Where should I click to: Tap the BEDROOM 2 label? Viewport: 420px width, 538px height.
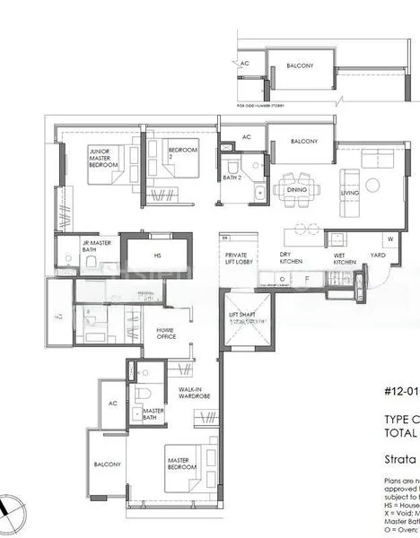[x=184, y=153]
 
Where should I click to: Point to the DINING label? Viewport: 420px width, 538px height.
[x=296, y=189]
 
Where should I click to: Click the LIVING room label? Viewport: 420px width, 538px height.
[x=350, y=192]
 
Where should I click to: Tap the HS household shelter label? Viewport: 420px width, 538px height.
[x=157, y=255]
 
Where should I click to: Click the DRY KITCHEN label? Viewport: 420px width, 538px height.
[x=286, y=257]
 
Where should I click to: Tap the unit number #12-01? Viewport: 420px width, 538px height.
[x=401, y=391]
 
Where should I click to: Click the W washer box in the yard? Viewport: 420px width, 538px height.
[x=390, y=239]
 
